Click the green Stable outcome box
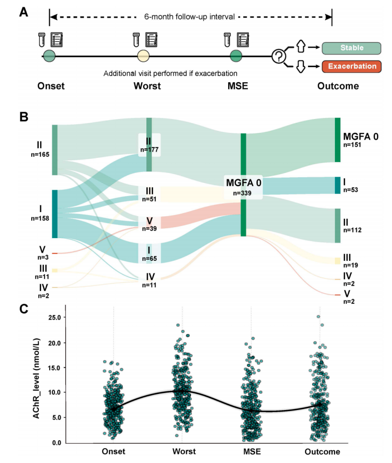pyautogui.click(x=351, y=48)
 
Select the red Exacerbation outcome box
pyautogui.click(x=351, y=66)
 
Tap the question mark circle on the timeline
pyautogui.click(x=279, y=57)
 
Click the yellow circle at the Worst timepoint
pyautogui.click(x=143, y=57)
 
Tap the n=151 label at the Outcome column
pyautogui.click(x=352, y=145)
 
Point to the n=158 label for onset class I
pyautogui.click(x=40, y=218)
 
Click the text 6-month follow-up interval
pyautogui.click(x=190, y=17)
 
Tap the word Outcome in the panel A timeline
pyautogui.click(x=338, y=86)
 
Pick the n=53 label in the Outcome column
pyautogui.click(x=351, y=190)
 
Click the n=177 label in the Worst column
pyautogui.click(x=149, y=150)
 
